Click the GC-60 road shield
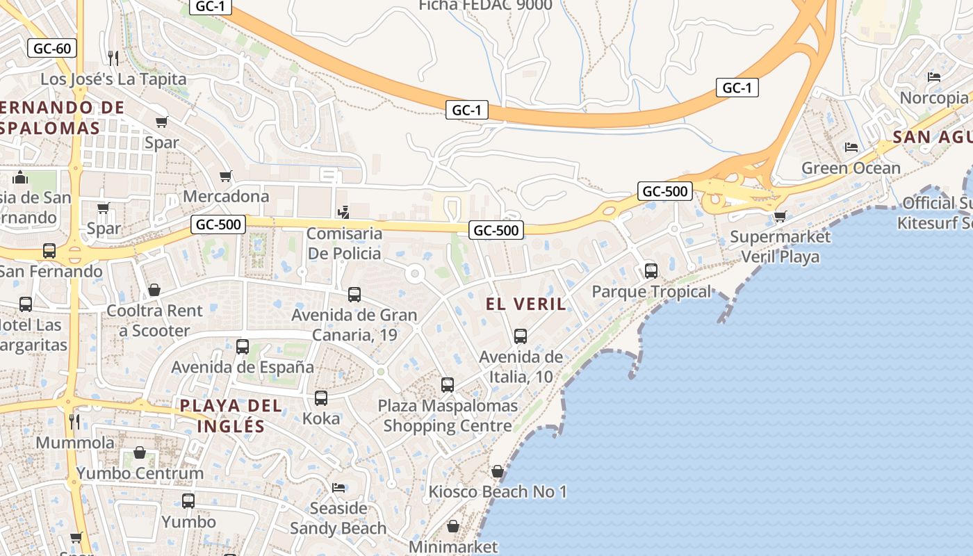52,49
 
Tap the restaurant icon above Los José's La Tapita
113,58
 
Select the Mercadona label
226,196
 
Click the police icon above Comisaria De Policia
343,213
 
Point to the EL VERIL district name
526,304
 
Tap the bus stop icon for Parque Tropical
651,271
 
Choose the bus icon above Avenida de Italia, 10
521,336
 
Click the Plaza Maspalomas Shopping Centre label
448,415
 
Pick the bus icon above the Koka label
321,398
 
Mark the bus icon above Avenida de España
243,346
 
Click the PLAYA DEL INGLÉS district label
231,416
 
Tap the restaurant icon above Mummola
74,421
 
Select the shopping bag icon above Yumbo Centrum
140,453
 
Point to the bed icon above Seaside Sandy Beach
338,488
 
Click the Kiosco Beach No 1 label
498,492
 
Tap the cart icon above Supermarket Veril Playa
780,217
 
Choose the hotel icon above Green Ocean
851,147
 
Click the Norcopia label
934,98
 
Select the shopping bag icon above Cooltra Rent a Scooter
154,290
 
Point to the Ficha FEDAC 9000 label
485,6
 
